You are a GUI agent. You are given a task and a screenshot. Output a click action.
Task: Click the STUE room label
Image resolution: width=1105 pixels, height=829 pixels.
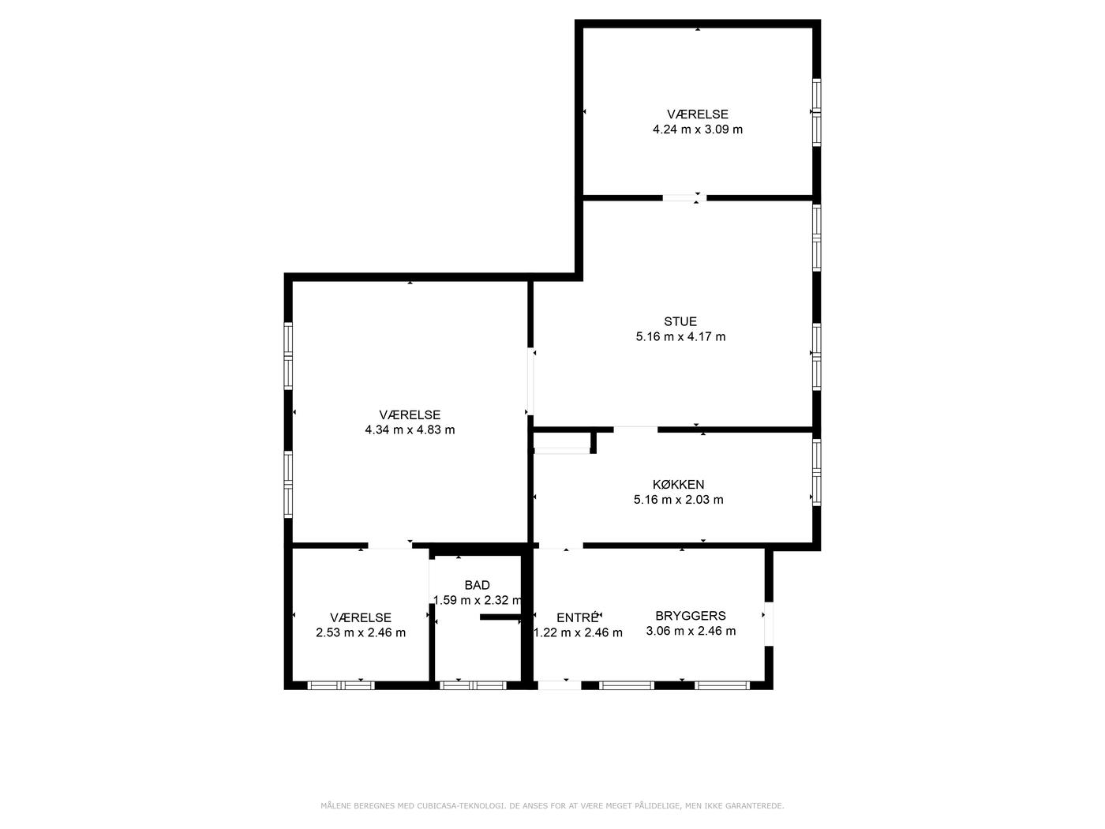[x=680, y=321]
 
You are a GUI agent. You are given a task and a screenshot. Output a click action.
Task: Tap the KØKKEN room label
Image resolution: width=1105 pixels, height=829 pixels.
[x=678, y=484]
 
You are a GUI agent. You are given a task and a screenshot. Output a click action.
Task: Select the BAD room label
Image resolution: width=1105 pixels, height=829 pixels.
[x=477, y=585]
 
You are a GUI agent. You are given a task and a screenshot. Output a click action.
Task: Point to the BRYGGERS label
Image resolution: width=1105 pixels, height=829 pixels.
[x=690, y=616]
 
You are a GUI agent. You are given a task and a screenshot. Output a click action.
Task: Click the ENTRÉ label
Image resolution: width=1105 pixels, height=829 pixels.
[x=578, y=617]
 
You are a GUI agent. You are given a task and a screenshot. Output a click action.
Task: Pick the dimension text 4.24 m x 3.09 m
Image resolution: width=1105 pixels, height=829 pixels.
[x=697, y=129]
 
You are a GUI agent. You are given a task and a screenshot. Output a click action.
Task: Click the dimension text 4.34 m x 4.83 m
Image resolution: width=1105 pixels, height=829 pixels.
[x=410, y=430]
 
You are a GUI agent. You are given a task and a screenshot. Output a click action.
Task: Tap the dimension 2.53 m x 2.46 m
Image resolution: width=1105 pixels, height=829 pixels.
[x=361, y=632]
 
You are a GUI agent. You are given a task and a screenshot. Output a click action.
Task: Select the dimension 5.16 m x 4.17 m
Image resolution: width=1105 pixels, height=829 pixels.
[x=680, y=337]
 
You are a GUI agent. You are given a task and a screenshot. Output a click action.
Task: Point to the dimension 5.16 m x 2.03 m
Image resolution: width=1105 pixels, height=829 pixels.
[x=678, y=500]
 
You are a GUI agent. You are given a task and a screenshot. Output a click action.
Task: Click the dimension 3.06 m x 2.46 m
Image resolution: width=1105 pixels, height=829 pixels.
[x=691, y=631]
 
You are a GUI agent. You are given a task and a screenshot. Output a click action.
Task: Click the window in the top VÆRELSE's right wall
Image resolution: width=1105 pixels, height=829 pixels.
[x=816, y=112]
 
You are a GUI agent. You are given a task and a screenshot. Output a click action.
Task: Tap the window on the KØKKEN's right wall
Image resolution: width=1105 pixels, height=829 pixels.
[x=816, y=472]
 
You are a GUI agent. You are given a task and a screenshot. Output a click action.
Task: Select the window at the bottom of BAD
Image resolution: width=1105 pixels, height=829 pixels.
[x=473, y=685]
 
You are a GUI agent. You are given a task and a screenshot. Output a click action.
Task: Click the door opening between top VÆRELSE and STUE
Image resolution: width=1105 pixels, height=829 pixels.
[x=684, y=198]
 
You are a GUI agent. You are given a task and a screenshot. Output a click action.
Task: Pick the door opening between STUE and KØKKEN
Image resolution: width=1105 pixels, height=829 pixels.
[x=635, y=430]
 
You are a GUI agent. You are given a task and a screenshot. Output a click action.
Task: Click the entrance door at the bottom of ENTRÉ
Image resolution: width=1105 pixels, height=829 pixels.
[x=560, y=685]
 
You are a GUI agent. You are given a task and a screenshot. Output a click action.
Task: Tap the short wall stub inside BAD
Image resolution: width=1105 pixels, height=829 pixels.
[x=500, y=617]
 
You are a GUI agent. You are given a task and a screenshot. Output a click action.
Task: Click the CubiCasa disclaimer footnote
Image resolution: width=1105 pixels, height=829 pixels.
[x=552, y=805]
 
